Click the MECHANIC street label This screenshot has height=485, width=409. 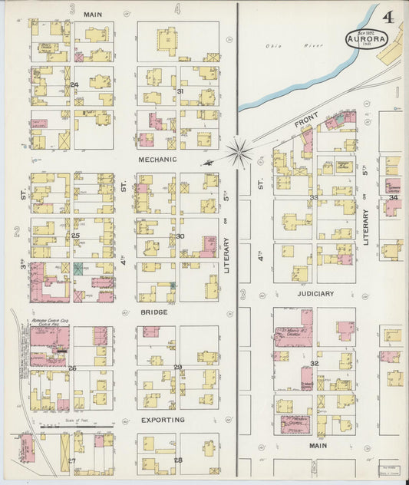pyautogui.click(x=157, y=160)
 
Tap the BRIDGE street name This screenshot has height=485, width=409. pyautogui.click(x=153, y=312)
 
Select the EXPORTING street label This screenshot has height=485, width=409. pyautogui.click(x=163, y=420)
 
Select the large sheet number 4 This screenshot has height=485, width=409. pyautogui.click(x=389, y=16)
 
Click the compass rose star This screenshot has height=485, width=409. pyautogui.click(x=240, y=152)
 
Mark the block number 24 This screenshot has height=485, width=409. pyautogui.click(x=74, y=84)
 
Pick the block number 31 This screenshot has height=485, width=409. pyautogui.click(x=180, y=91)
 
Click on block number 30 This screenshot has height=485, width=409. pyautogui.click(x=180, y=236)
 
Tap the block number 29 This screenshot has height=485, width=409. pyautogui.click(x=178, y=367)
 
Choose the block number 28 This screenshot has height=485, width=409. pyautogui.click(x=178, y=460)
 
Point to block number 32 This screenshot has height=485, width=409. pyautogui.click(x=314, y=363)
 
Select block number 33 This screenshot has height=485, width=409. pyautogui.click(x=313, y=197)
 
